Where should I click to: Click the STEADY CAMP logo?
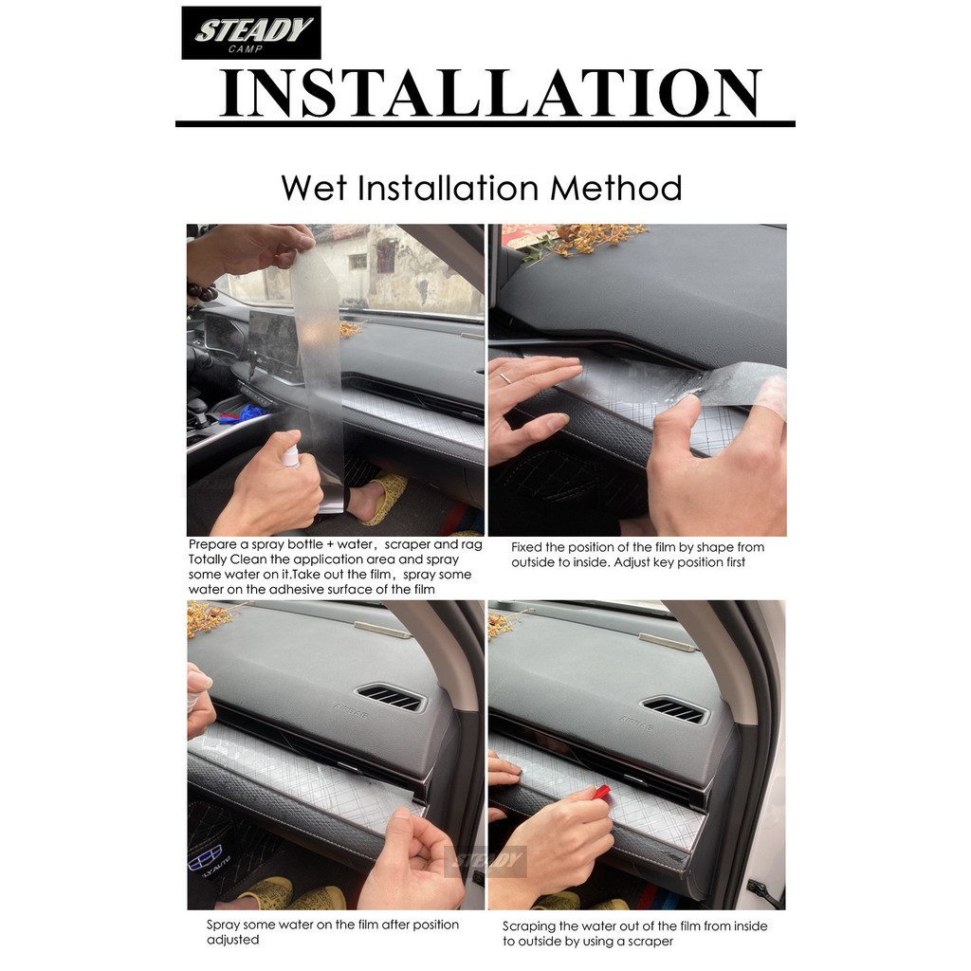[250, 33]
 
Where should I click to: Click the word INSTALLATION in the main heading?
[490, 93]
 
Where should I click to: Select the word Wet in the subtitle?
[314, 188]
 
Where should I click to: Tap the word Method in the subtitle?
[616, 188]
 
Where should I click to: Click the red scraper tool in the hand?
[601, 792]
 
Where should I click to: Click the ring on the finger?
[505, 377]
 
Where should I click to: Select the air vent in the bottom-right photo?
[674, 709]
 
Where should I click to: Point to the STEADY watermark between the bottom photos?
[486, 859]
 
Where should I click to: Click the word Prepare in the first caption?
[212, 545]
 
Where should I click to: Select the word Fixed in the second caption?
[527, 547]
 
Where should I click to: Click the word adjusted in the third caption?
[233, 940]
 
